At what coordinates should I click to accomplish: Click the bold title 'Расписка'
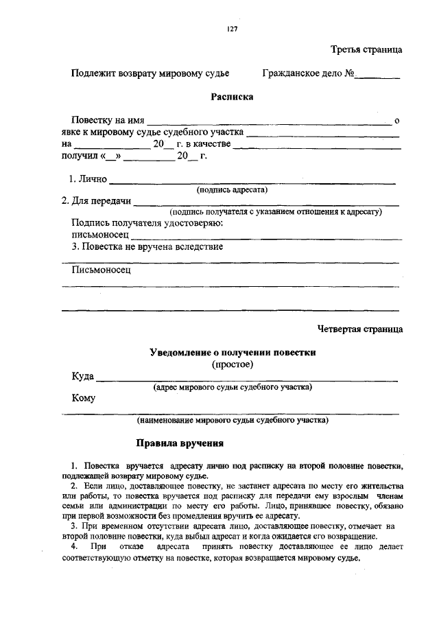coord(232,97)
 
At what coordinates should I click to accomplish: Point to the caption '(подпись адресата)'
coord(232,189)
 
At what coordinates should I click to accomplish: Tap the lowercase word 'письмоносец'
coord(100,235)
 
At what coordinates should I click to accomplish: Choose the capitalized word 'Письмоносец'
coord(101,270)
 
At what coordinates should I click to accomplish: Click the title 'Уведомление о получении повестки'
coord(232,352)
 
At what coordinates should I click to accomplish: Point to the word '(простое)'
coord(232,364)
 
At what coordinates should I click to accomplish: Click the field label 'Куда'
coord(83,377)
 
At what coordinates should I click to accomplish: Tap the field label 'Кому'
coord(83,398)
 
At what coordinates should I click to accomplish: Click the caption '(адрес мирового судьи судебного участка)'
coord(232,387)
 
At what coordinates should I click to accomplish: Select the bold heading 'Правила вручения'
coord(179,443)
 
